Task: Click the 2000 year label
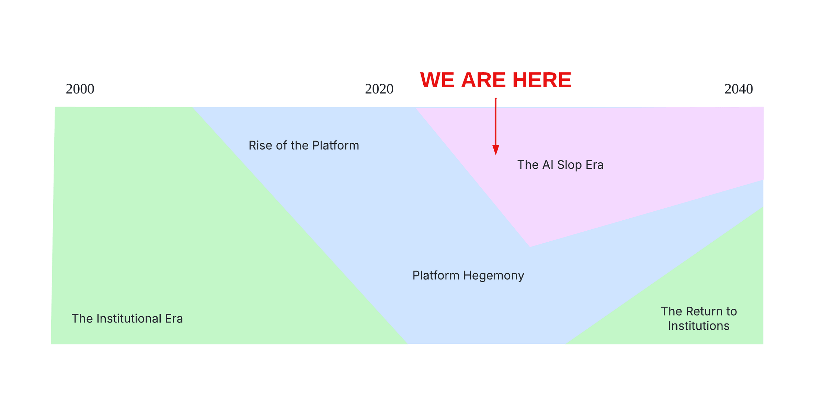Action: [80, 89]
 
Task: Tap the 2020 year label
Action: [379, 89]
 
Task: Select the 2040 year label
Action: [739, 89]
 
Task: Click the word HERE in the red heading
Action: [542, 80]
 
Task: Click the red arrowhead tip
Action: [496, 154]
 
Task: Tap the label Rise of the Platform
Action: [304, 145]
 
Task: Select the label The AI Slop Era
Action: [560, 165]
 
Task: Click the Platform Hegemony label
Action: [468, 275]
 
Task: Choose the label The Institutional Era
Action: [127, 319]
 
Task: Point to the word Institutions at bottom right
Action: [699, 326]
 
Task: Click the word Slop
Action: [569, 165]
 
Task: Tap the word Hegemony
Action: [494, 276]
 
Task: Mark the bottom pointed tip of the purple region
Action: [530, 246]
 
